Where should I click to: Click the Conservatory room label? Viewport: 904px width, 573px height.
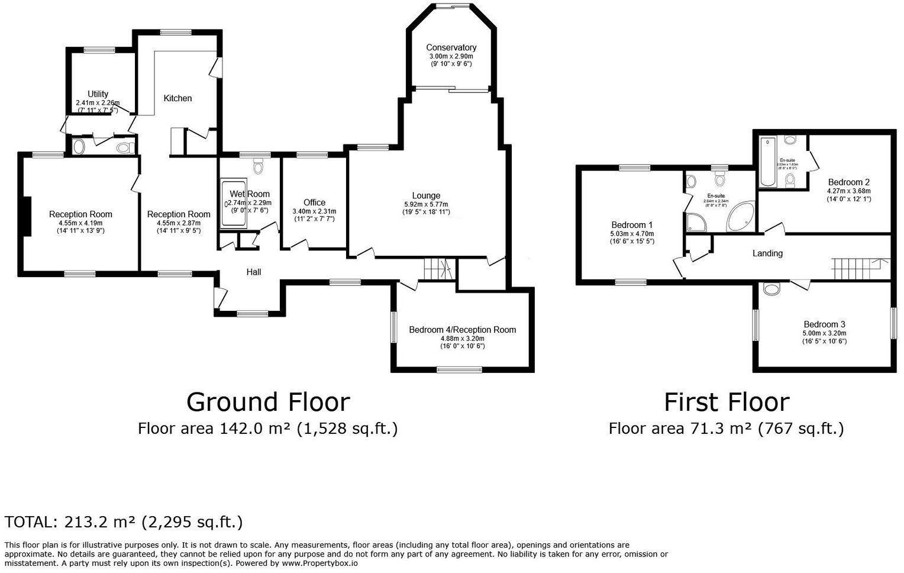coord(451,47)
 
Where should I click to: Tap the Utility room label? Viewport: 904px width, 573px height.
coord(98,94)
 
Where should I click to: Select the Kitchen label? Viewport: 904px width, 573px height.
coord(177,98)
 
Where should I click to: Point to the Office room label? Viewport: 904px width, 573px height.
coord(314,202)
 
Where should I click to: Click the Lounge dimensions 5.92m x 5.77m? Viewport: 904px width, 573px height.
coord(426,204)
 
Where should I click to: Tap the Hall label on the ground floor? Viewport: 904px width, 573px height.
coord(254,272)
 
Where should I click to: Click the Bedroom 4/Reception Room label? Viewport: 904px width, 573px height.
coord(462,330)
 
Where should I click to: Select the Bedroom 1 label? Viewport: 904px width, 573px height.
coord(632,225)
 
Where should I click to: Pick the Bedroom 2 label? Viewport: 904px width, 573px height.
coord(848,182)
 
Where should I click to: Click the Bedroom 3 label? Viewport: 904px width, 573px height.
coord(824,324)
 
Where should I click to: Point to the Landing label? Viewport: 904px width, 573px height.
coord(767,253)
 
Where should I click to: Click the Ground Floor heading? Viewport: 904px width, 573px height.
coord(268,402)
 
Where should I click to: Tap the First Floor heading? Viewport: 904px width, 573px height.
coord(726,402)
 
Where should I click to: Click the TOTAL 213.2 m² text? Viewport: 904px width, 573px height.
coord(123,522)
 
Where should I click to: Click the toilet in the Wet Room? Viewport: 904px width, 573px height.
coord(258,167)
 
